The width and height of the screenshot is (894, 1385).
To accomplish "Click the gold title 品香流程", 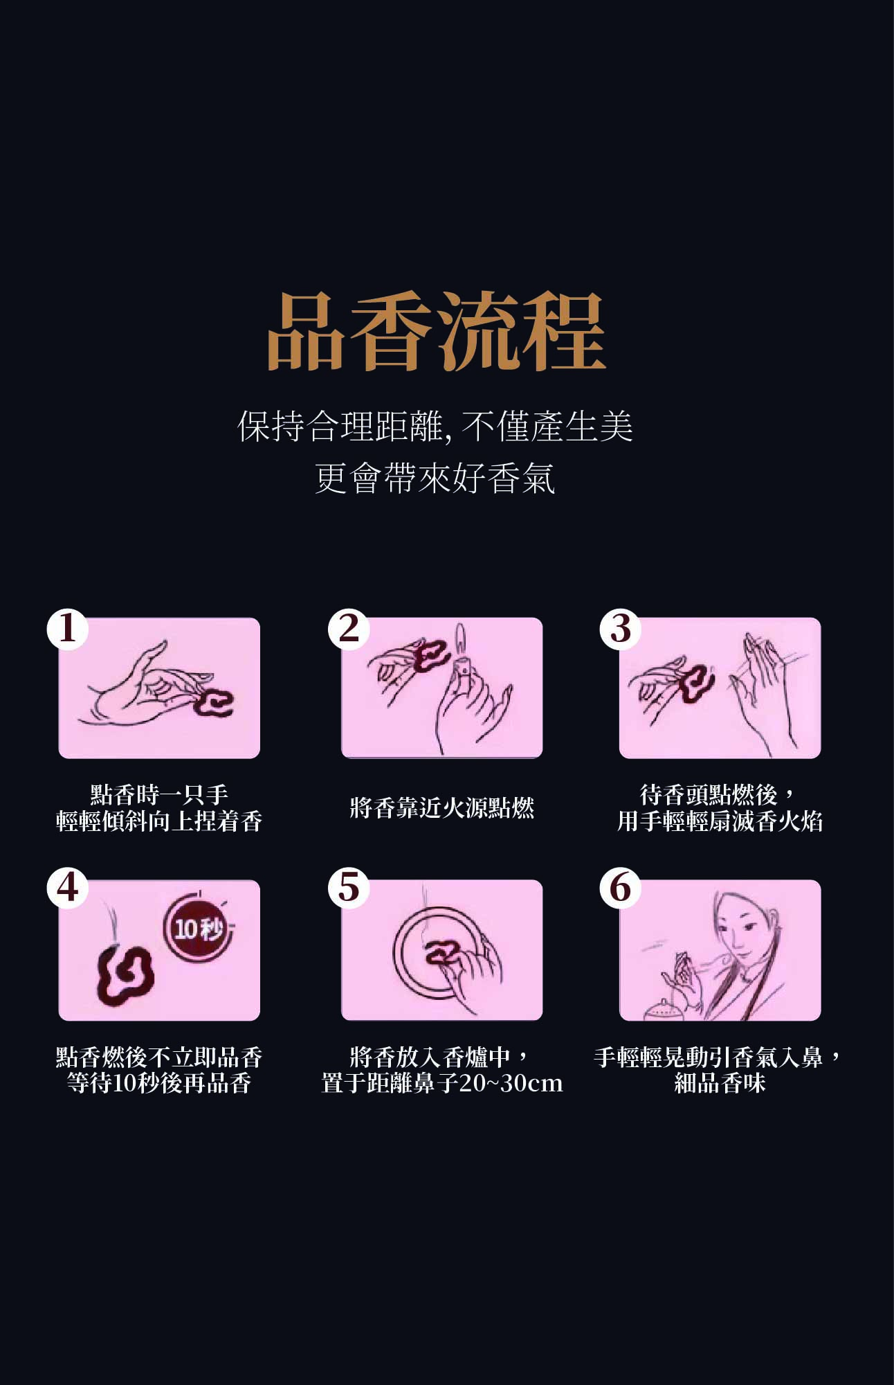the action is pos(436,332).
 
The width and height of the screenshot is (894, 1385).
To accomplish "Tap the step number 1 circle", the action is pos(67,629).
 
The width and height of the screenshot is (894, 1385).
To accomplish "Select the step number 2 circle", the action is pos(349,629).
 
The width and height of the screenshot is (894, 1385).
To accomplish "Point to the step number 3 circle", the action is pos(621,629).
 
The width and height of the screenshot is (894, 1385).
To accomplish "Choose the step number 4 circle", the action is pos(67,887).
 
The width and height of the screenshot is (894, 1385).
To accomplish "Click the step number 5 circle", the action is pos(349,887).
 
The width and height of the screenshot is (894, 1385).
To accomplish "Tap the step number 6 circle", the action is pos(621,887).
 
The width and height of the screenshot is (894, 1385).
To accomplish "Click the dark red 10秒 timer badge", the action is pos(197,928).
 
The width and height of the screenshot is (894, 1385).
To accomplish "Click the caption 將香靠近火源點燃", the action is pos(441,808).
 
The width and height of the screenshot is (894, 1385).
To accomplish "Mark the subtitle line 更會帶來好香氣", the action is pos(435,479).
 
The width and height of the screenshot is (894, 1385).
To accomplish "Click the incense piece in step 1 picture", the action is pos(213,703).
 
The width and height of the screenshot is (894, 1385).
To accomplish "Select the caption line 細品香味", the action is pos(720,1083).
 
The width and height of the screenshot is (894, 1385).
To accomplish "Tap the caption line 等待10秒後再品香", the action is pos(158,1083).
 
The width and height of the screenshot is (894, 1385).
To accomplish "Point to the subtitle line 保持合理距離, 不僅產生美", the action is pos(435,426).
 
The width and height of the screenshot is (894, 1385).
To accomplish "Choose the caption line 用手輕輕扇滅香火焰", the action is pos(720,821).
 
